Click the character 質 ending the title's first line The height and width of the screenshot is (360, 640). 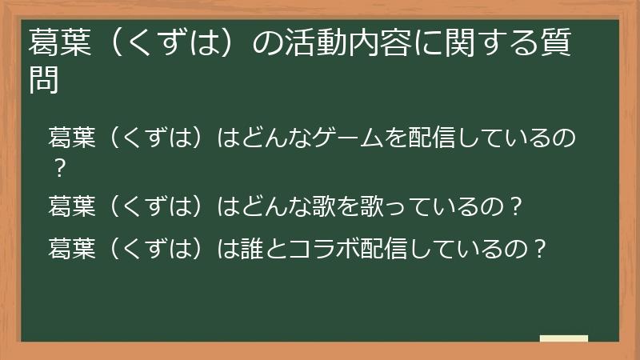tap(555, 42)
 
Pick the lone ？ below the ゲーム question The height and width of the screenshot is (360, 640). tap(58, 170)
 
